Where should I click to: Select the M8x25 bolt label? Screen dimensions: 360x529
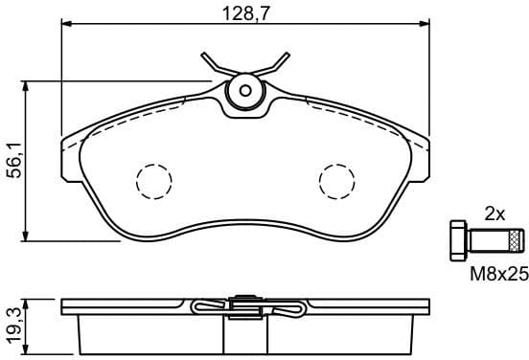(498, 274)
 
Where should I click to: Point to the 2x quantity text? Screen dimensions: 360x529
(494, 214)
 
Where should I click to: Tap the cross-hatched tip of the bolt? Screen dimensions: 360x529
(517, 238)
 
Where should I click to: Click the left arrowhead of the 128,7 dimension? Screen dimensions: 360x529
(67, 27)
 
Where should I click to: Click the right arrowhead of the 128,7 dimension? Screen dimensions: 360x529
(422, 27)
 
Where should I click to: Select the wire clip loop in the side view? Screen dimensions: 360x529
(206, 307)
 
